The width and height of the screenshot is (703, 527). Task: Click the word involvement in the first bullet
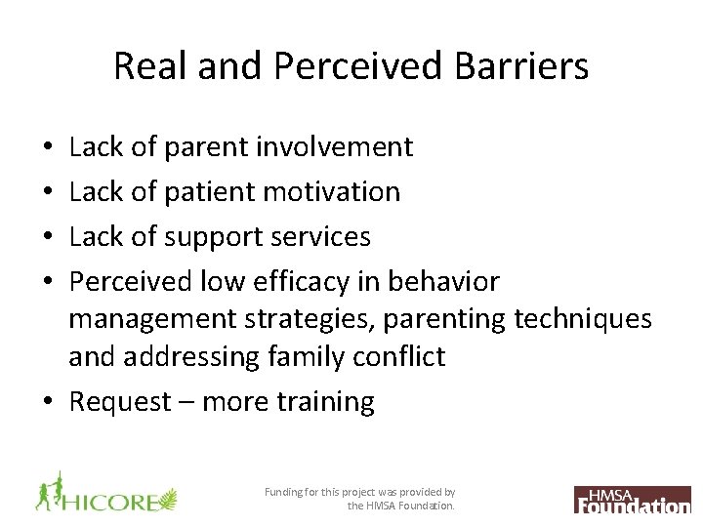[334, 147]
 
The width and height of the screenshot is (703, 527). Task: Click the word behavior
[443, 282]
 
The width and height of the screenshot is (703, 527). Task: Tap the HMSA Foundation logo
[633, 499]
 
